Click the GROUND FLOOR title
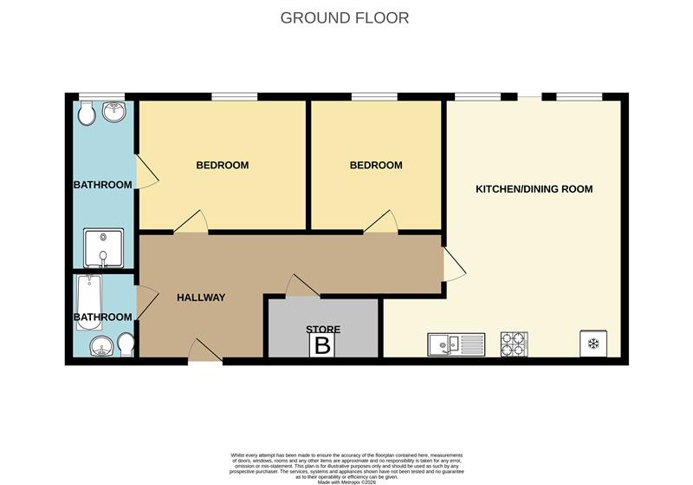[x=344, y=17]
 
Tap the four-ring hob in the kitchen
[x=515, y=344]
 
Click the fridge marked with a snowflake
[x=593, y=344]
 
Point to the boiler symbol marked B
[x=322, y=346]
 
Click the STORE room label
[x=322, y=330]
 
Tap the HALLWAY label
[x=201, y=298]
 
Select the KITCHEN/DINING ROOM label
[x=534, y=188]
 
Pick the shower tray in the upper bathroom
[x=103, y=247]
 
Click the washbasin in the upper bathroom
[x=114, y=111]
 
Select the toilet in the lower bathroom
[x=126, y=344]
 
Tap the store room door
[x=302, y=285]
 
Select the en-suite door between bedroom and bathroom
[x=146, y=172]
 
